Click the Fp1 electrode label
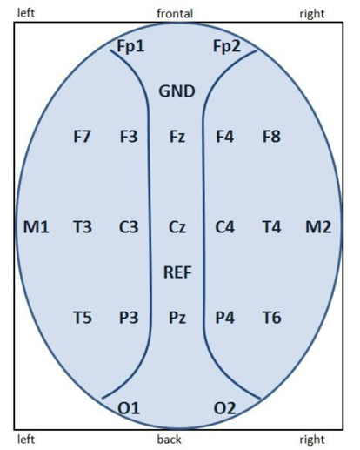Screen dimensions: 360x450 pos(130,46)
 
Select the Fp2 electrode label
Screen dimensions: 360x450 pos(227,46)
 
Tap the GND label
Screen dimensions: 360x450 pos(177,91)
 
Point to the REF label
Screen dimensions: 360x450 pos(177,272)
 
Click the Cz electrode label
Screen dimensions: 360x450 pos(177,227)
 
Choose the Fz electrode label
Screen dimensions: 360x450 pos(177,137)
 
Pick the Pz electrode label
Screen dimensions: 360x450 pos(177,318)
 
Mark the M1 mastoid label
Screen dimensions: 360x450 pos(36,227)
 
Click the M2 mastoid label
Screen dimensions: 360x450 pos(318,227)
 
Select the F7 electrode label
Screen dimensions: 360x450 pos(82,137)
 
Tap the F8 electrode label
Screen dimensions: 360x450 pos(271,137)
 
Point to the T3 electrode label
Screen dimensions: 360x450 pos(83,227)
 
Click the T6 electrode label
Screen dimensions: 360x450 pos(271,318)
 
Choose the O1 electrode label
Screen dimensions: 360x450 pos(129,408)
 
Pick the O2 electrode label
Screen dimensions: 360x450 pos(224,408)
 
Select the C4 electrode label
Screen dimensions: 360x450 pos(224,227)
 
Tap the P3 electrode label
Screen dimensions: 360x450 pos(129,318)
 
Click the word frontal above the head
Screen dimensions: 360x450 pos(175,13)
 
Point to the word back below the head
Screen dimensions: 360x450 pos(170,440)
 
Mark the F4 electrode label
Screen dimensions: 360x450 pos(225,137)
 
